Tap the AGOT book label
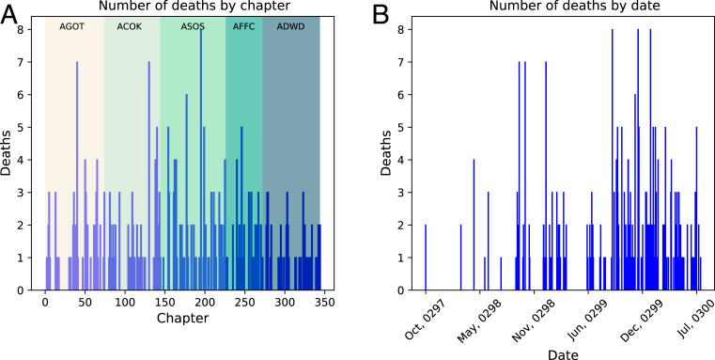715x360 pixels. (x=72, y=26)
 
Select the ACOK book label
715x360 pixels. (x=130, y=26)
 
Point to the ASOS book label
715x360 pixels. (x=192, y=26)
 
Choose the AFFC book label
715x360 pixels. (x=242, y=26)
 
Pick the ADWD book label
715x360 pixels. (x=290, y=26)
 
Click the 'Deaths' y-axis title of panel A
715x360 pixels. (x=8, y=160)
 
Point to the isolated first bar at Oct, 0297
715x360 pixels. (x=426, y=258)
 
